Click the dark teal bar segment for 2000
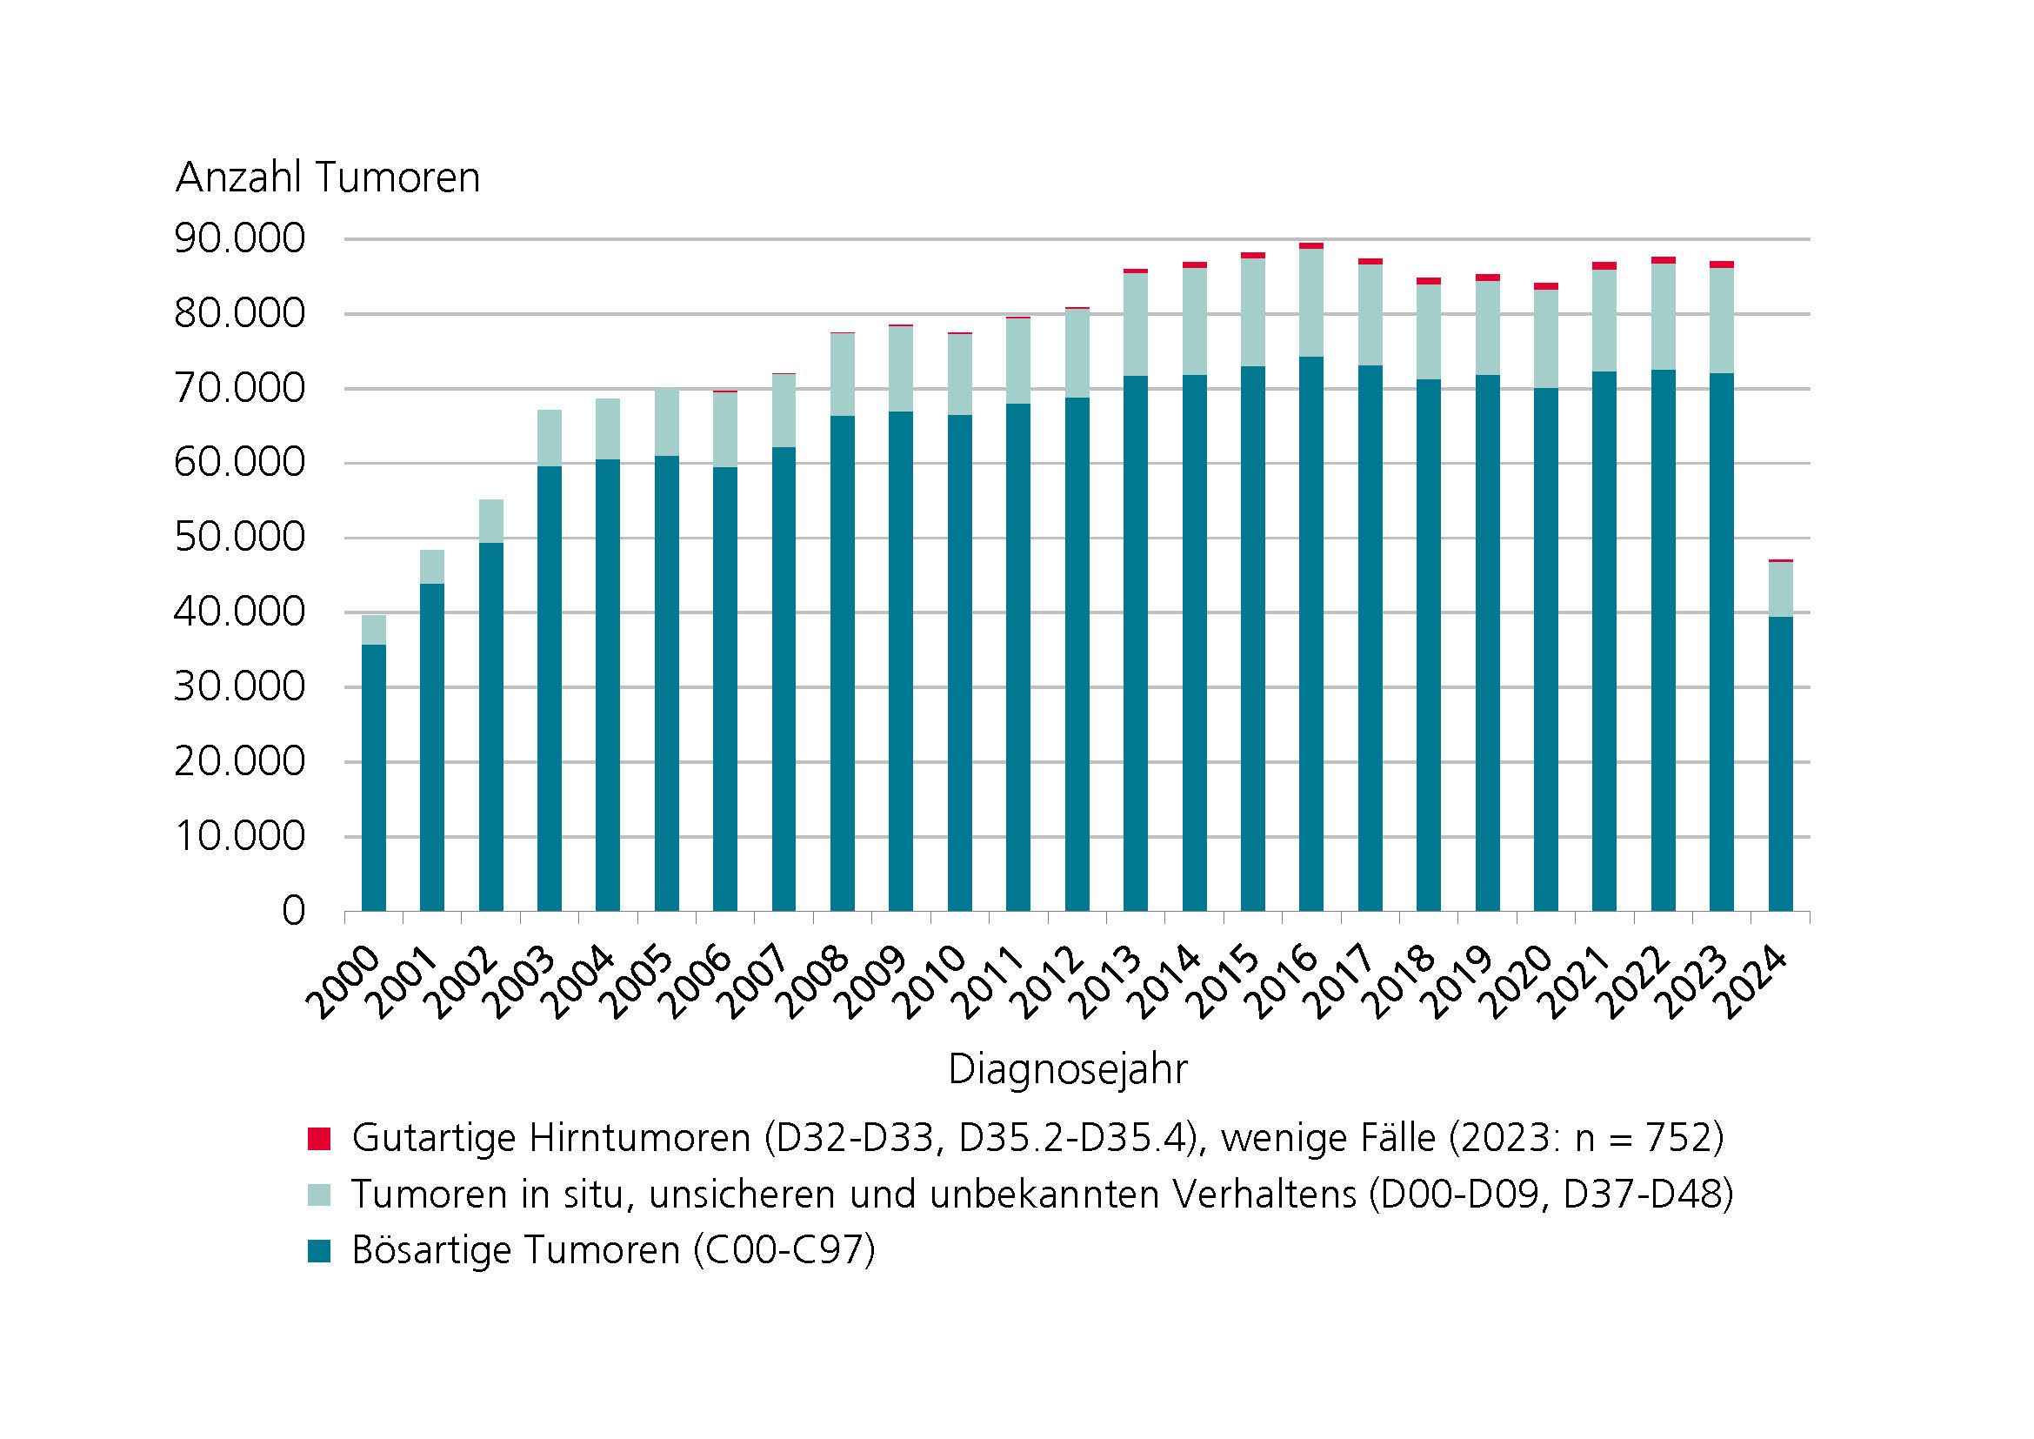point(374,777)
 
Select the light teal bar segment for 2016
point(1311,303)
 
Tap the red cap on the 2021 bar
point(1604,266)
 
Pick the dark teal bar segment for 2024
point(1781,763)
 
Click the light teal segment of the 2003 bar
point(550,438)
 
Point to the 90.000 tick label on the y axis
point(239,238)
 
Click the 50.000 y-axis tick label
point(239,537)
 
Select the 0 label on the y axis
point(293,911)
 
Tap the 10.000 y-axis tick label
point(239,835)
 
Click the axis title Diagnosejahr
point(1067,1069)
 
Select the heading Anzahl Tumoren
point(328,177)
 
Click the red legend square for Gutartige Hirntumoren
point(319,1139)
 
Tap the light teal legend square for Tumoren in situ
point(319,1195)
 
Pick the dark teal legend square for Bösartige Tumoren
point(319,1250)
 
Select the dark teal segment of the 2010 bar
point(959,662)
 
